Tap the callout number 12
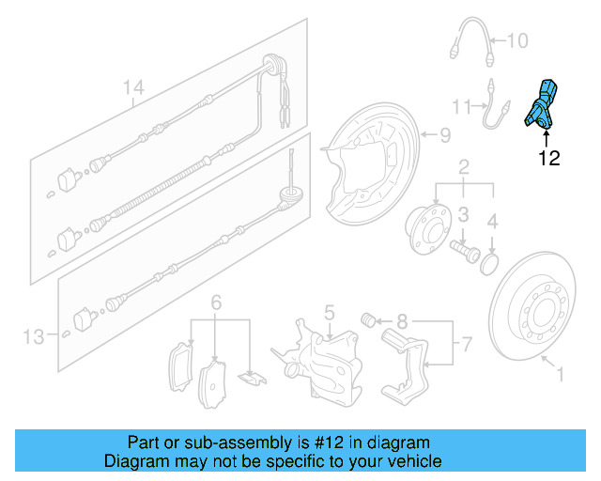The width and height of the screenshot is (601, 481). tap(549, 159)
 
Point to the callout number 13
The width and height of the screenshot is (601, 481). tap(34, 335)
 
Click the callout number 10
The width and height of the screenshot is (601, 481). tap(518, 40)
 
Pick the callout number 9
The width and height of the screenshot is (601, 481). tap(446, 133)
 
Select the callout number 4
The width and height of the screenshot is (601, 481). tap(492, 222)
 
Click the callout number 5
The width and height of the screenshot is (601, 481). tap(330, 310)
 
